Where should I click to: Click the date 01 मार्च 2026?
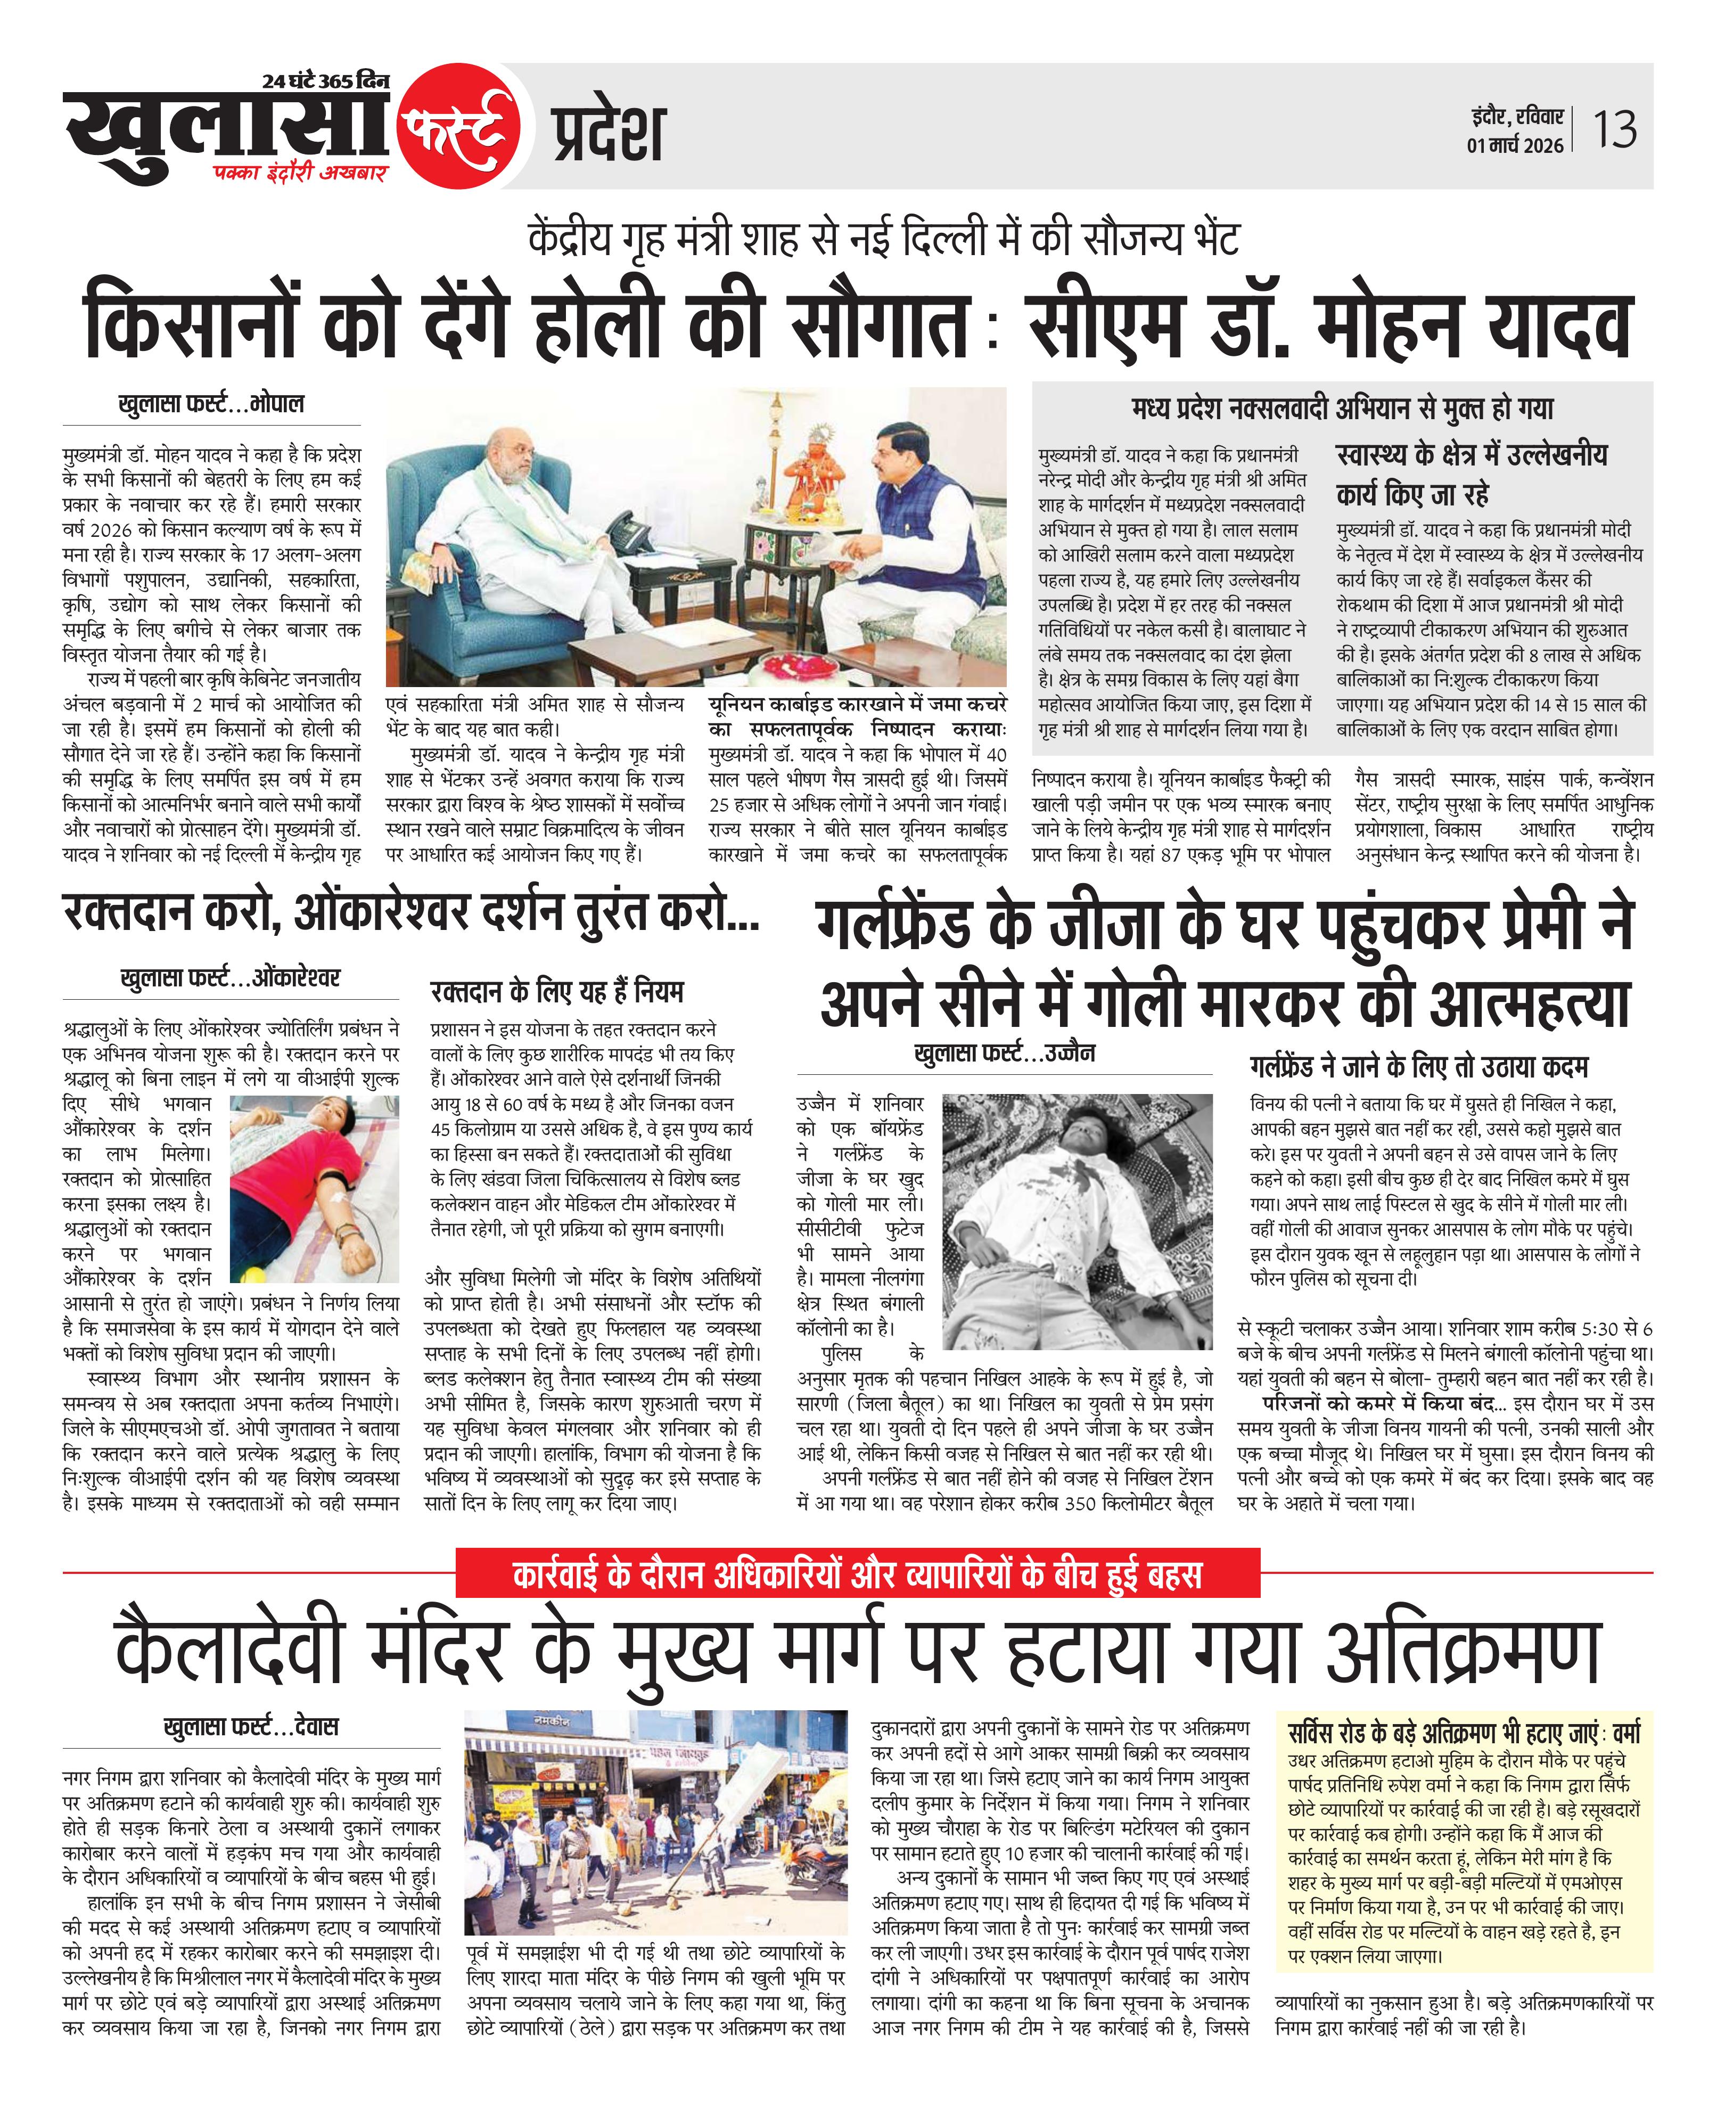point(1514,145)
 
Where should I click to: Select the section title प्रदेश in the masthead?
point(608,134)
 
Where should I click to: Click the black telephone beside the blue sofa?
point(629,534)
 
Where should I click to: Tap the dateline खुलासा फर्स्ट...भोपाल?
point(211,405)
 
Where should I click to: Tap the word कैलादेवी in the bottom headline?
point(229,1652)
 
